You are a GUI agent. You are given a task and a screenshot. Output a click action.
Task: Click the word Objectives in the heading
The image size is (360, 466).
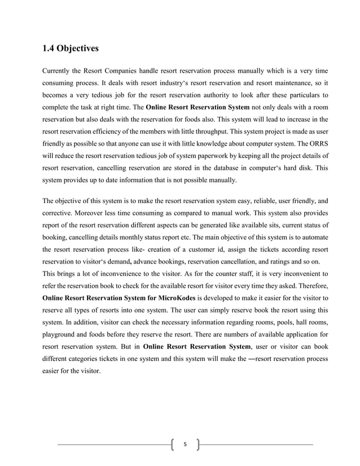[78, 49]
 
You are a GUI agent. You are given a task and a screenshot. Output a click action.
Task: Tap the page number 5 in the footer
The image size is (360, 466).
[184, 445]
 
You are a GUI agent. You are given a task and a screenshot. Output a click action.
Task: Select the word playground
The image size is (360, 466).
[61, 324]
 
